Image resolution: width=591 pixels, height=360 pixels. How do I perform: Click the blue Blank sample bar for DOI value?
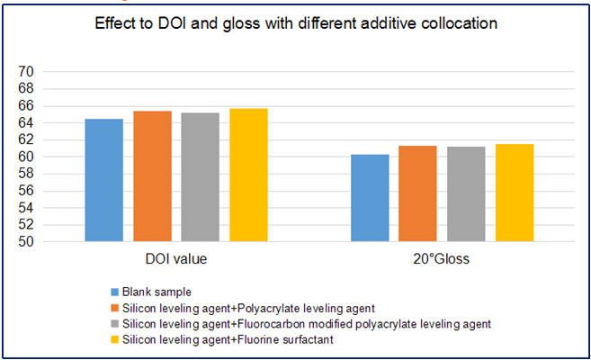pyautogui.click(x=103, y=180)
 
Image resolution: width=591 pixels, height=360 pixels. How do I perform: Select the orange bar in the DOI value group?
pyautogui.click(x=152, y=176)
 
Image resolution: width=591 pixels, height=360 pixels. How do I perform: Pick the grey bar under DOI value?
pyautogui.click(x=201, y=177)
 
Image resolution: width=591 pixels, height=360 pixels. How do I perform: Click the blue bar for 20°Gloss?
pyautogui.click(x=370, y=198)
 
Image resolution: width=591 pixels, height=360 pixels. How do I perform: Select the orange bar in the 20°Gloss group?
pyautogui.click(x=418, y=193)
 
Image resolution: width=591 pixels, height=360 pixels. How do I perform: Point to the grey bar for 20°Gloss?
pyautogui.click(x=466, y=193)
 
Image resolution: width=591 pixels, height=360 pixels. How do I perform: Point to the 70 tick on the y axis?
pyautogui.click(x=26, y=72)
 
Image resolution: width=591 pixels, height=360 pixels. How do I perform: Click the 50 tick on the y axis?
pyautogui.click(x=26, y=241)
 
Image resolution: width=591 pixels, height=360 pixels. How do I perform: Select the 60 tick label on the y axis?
pyautogui.click(x=26, y=157)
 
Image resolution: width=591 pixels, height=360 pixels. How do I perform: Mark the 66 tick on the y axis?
pyautogui.click(x=26, y=105)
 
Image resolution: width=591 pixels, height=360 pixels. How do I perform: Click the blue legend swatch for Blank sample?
pyautogui.click(x=113, y=292)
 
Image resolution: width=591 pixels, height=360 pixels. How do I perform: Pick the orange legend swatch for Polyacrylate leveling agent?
pyautogui.click(x=113, y=307)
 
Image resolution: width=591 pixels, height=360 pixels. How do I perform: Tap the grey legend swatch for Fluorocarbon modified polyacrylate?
pyautogui.click(x=113, y=322)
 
